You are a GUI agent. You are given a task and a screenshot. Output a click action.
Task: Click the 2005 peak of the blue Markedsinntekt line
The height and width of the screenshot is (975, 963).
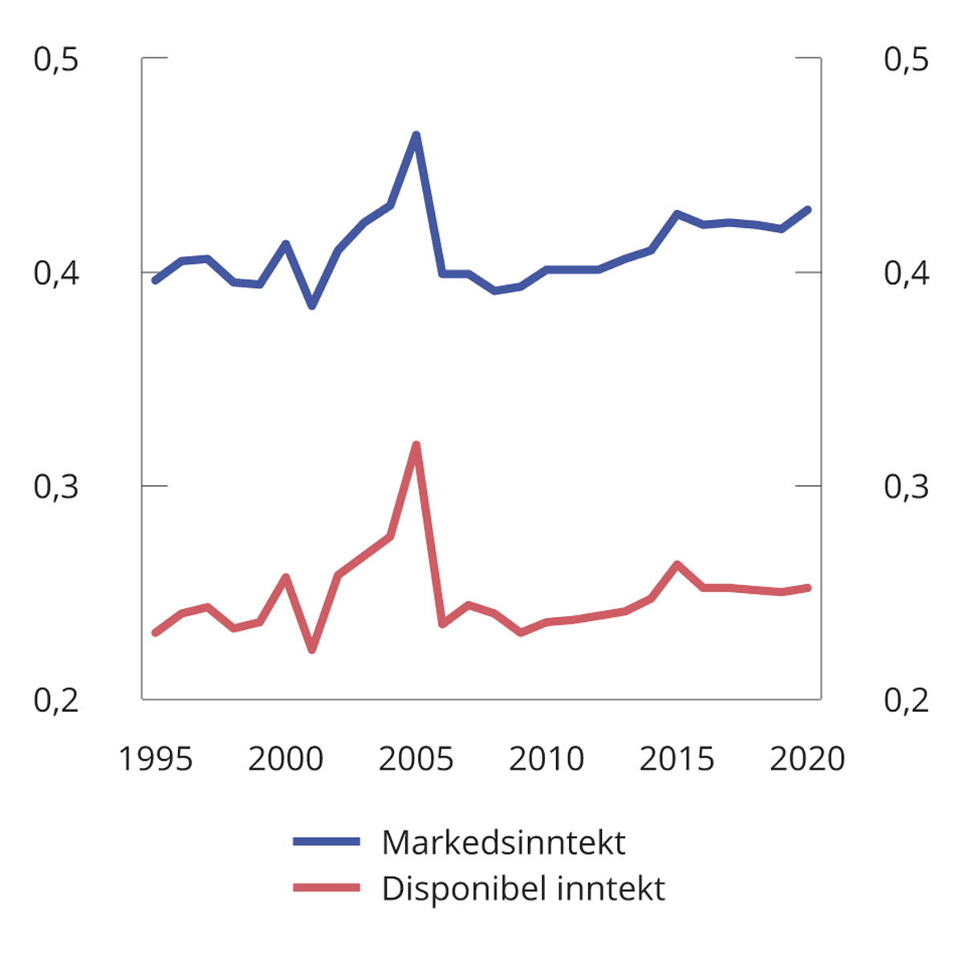[x=416, y=135]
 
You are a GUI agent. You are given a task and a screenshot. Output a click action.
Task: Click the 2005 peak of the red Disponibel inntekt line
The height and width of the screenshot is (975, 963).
[x=416, y=445]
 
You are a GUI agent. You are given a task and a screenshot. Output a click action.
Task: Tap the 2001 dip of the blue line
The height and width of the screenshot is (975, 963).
[x=312, y=306]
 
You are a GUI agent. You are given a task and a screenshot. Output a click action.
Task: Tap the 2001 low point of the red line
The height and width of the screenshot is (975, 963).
[x=312, y=649]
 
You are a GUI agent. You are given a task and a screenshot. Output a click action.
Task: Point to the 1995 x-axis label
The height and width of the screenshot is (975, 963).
[x=156, y=758]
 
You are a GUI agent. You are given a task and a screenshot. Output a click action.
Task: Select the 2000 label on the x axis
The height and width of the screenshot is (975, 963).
[x=286, y=758]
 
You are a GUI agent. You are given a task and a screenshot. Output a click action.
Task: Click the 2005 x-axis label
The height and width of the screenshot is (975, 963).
[x=416, y=758]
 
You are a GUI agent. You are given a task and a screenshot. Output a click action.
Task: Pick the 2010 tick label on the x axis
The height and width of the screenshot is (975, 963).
[x=547, y=758]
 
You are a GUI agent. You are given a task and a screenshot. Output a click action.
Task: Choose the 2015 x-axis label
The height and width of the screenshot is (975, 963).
[x=677, y=758]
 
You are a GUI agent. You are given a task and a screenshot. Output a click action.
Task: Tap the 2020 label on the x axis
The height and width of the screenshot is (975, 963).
[x=807, y=758]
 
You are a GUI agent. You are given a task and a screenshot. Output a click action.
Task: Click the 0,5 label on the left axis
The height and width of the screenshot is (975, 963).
[x=56, y=59]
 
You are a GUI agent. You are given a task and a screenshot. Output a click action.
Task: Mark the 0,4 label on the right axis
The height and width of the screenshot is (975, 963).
[x=906, y=273]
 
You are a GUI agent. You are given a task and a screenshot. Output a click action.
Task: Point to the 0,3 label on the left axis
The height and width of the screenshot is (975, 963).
[x=56, y=486]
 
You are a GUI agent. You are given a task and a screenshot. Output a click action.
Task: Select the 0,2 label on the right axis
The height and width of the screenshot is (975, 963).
[x=906, y=700]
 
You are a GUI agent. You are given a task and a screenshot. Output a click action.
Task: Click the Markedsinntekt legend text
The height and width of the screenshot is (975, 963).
[x=503, y=843]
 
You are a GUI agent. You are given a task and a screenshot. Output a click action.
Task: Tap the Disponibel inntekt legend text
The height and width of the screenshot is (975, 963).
[x=523, y=888]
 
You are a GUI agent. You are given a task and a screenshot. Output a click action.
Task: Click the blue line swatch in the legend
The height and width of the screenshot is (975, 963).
[x=327, y=842]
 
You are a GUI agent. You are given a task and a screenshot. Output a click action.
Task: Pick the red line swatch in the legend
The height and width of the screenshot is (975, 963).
[x=327, y=888]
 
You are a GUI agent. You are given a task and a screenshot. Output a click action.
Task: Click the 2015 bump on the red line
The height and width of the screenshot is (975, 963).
[x=677, y=564]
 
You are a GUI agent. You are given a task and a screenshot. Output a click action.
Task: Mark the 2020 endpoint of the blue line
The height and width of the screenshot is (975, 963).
[x=807, y=209]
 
